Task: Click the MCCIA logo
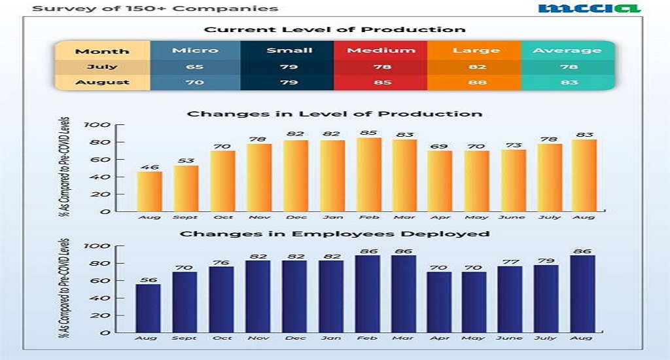(x=589, y=9)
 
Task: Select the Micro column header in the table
(x=195, y=50)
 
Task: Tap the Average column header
(x=567, y=50)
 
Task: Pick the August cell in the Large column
(x=474, y=82)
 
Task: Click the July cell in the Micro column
(x=195, y=67)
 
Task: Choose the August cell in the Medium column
(x=380, y=82)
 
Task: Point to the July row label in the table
(x=102, y=67)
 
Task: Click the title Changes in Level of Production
(x=334, y=114)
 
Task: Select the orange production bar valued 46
(x=149, y=191)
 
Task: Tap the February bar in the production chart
(x=368, y=174)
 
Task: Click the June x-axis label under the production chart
(x=512, y=217)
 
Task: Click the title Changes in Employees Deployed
(x=334, y=234)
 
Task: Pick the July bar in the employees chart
(x=547, y=298)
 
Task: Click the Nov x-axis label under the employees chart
(x=258, y=338)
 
